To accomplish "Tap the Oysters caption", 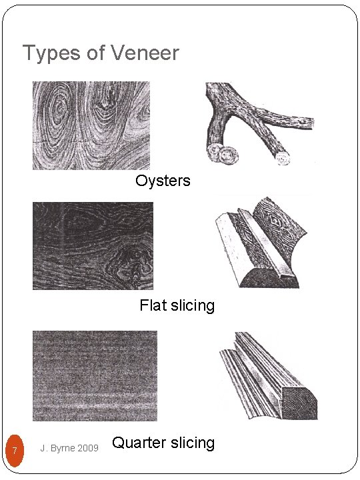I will click(x=163, y=181).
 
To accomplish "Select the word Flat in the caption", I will click(x=152, y=306).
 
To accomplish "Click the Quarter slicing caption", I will click(x=163, y=443).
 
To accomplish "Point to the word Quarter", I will click(x=137, y=443).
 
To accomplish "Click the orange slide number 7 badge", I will click(x=14, y=451).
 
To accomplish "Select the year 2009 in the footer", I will click(x=87, y=448).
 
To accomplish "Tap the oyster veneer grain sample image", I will click(x=91, y=125).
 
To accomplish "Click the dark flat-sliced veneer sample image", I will click(x=93, y=245).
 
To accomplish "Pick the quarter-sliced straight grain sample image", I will click(x=95, y=375).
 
